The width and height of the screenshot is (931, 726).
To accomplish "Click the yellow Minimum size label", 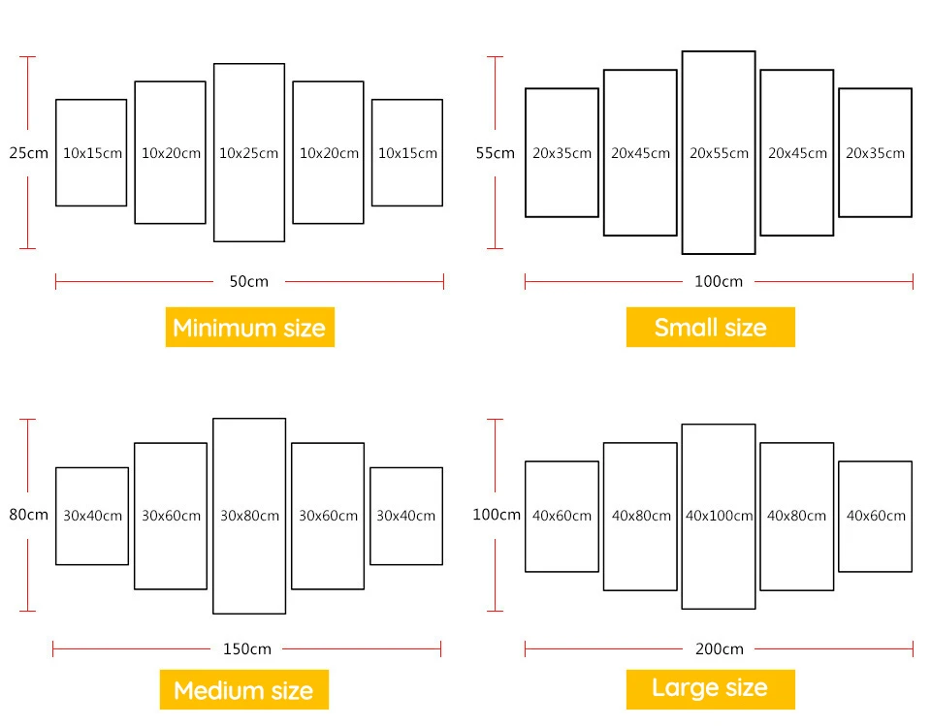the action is click(250, 327).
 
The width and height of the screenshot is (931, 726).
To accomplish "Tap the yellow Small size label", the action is click(711, 327).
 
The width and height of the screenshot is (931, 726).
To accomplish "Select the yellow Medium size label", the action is click(244, 690).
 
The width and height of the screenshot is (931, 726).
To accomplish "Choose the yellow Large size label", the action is click(711, 688).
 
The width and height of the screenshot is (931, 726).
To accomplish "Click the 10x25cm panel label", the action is click(249, 153).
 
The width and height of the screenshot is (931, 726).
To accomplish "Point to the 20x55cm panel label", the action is click(719, 153).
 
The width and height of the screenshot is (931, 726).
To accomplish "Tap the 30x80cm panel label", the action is click(249, 516).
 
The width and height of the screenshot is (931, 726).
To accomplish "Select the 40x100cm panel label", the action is click(719, 516).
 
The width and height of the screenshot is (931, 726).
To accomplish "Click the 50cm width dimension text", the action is click(249, 281).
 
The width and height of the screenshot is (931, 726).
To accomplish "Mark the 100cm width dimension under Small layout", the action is click(719, 281).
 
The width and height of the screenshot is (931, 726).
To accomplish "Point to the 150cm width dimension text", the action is click(247, 648).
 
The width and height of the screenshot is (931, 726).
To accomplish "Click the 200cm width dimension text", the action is click(719, 648).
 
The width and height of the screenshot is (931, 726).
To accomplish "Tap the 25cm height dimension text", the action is click(28, 153).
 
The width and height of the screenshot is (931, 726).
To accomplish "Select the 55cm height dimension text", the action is click(496, 153).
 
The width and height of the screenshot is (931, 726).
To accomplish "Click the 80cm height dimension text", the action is click(28, 515).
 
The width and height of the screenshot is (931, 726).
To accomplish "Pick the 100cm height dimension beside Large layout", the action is click(497, 515).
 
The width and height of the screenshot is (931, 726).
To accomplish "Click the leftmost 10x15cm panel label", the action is click(93, 153).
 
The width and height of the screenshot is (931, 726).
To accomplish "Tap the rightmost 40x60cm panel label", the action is click(876, 516).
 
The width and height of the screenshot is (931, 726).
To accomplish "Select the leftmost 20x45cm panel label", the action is click(641, 153).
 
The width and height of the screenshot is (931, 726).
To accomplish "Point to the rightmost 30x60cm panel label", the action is click(329, 516).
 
